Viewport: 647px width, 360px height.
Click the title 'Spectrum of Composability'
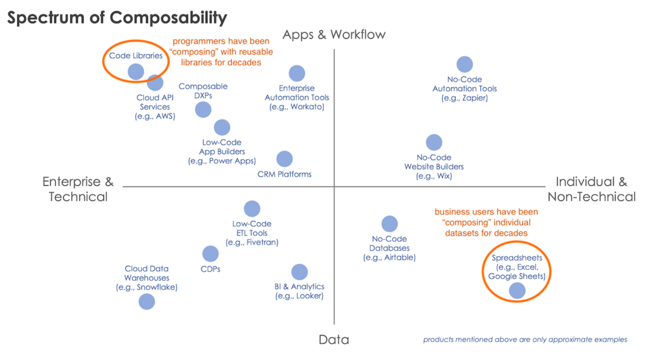[117, 18]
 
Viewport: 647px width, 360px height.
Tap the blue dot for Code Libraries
[136, 71]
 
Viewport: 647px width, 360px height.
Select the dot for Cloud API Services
[155, 82]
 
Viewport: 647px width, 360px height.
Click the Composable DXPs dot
[203, 109]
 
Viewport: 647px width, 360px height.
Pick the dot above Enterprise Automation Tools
[296, 73]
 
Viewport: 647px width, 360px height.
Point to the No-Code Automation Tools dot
[464, 64]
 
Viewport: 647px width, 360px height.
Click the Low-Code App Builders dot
[222, 127]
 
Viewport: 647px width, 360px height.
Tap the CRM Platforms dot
[284, 159]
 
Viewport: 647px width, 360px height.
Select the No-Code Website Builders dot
[434, 142]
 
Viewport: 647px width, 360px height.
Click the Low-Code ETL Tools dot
[251, 208]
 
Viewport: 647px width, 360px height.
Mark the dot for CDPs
[210, 254]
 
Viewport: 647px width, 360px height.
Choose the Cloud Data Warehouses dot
[147, 301]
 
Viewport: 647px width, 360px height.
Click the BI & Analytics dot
[299, 272]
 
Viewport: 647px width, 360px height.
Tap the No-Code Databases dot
[389, 224]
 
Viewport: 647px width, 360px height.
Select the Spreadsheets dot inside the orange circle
[517, 290]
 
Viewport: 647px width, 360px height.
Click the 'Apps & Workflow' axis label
[334, 34]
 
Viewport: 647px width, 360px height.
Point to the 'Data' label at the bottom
[334, 340]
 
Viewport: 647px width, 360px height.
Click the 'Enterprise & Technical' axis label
[78, 189]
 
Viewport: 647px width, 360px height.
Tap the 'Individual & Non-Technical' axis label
[591, 189]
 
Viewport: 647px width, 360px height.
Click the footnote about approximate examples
[524, 340]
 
